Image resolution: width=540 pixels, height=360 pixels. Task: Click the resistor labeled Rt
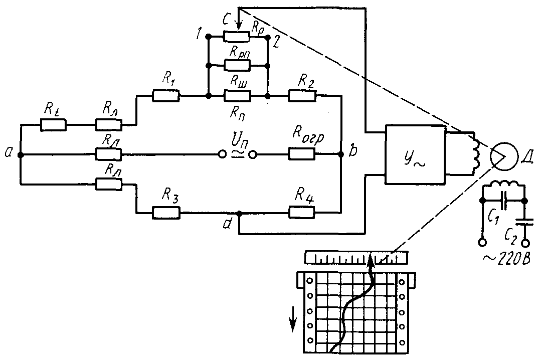pos(53,124)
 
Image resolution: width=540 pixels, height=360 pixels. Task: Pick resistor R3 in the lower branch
pos(165,213)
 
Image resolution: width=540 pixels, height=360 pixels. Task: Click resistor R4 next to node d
pos(302,213)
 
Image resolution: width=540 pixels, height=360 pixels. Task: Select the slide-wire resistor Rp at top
pos(236,37)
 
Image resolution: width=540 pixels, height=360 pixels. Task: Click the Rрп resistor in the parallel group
pos(236,65)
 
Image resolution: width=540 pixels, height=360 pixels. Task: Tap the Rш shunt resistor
pos(236,95)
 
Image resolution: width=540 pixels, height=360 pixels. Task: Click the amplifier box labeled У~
pos(415,154)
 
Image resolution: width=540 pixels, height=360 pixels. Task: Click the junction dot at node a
pos(20,155)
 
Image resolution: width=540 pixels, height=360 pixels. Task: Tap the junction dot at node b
pos(341,154)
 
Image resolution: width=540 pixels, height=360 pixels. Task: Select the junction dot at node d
pos(239,213)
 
